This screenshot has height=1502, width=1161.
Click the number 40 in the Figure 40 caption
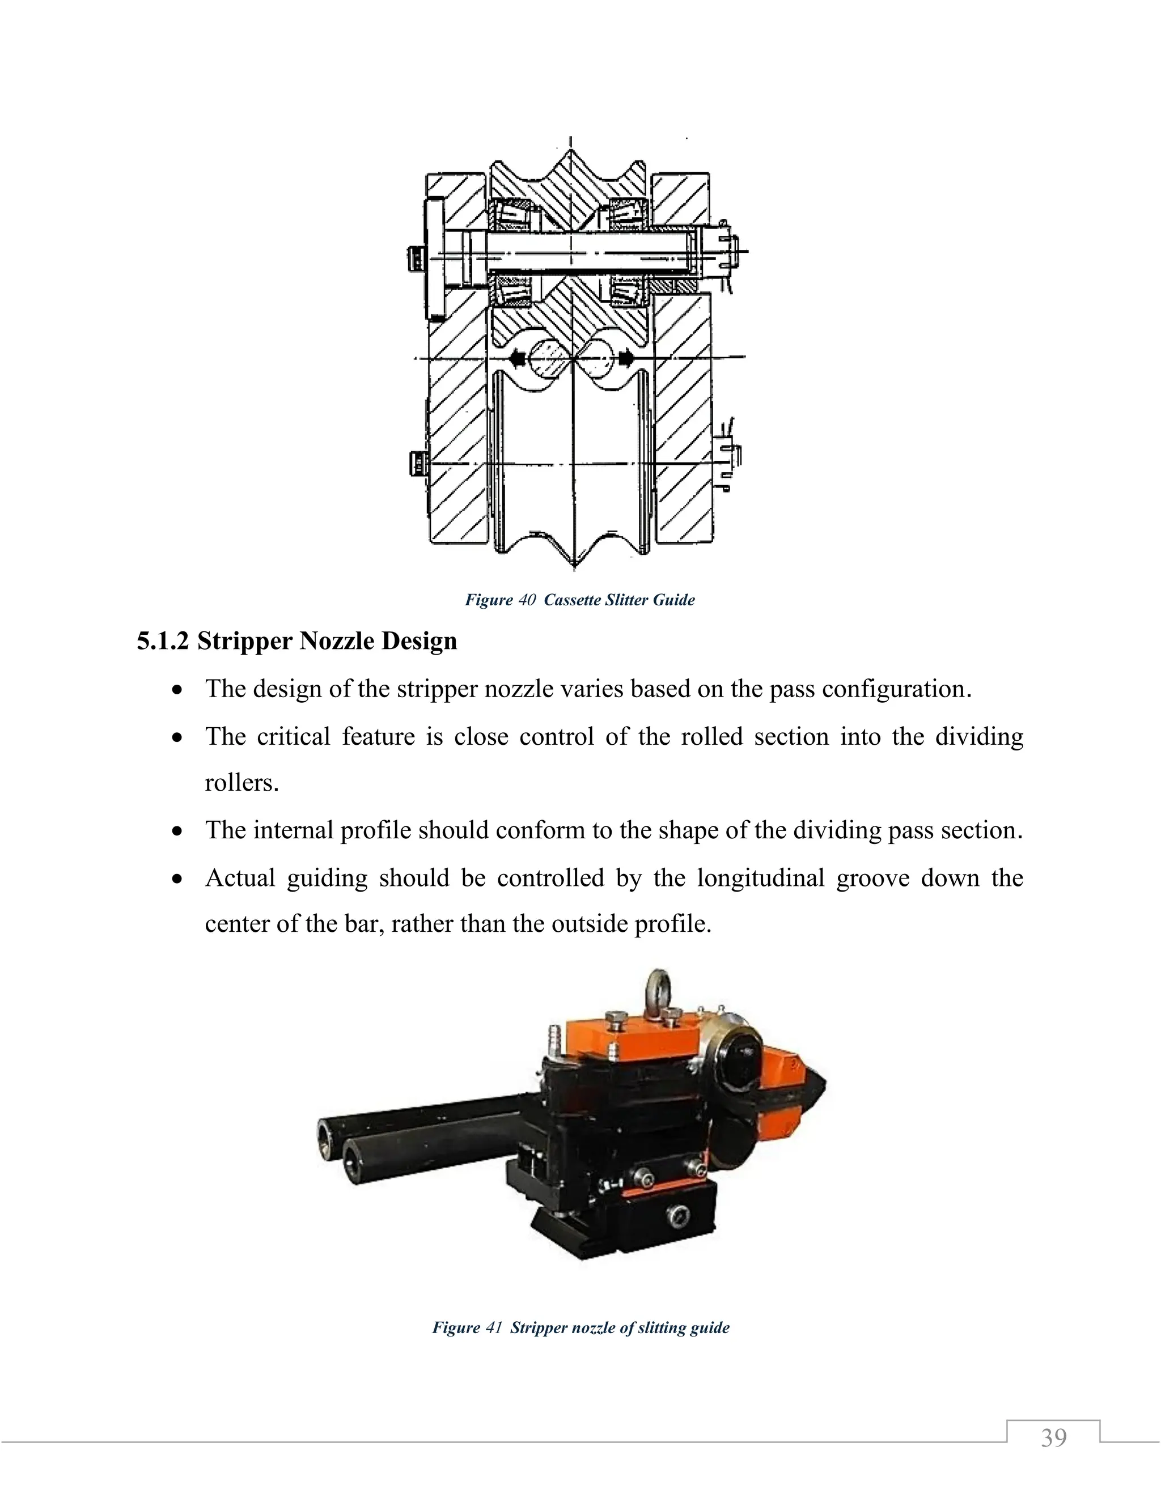[527, 600]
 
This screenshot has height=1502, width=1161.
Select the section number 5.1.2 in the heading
[162, 641]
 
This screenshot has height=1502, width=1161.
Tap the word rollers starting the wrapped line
[241, 783]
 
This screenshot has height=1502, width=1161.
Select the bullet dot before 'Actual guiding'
[178, 880]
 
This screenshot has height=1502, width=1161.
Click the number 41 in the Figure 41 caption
[494, 1327]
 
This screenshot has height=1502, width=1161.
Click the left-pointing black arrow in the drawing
[517, 358]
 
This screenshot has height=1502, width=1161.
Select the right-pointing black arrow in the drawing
[626, 358]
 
